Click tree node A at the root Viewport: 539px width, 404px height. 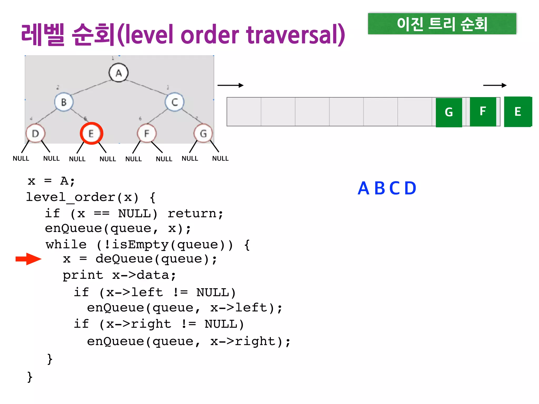point(119,73)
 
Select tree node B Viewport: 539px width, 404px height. point(64,102)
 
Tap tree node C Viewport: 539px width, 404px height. point(174,102)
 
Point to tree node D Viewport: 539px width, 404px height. point(36,134)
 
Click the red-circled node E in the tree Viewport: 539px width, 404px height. point(91,133)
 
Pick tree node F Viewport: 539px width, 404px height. point(147,134)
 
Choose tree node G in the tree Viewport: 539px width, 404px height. point(203,134)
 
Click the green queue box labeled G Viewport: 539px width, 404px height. point(449,112)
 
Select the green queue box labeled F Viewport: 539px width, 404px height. point(483,112)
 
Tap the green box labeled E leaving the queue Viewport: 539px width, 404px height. point(518,112)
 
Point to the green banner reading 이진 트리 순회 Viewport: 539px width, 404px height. point(442,24)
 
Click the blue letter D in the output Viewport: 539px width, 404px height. point(410,188)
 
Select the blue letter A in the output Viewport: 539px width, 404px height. point(363,188)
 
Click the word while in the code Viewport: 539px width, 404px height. point(66,245)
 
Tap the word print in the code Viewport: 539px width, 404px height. point(83,275)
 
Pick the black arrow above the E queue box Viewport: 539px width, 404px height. point(495,85)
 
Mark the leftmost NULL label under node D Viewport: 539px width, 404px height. point(21,158)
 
